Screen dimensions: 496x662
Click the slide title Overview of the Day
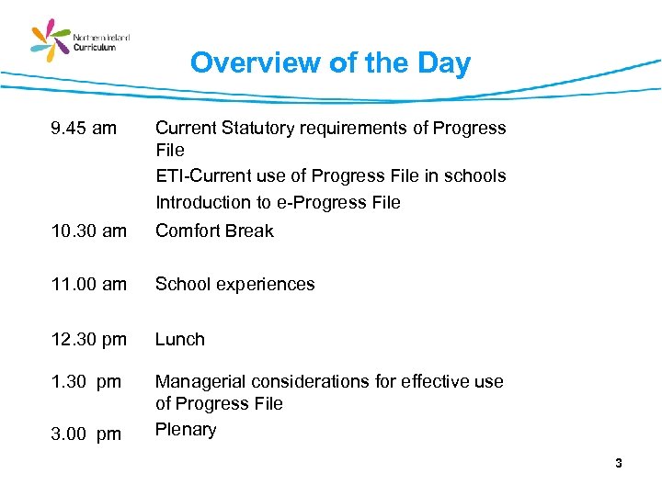330,62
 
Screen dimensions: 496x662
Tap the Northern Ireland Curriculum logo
81,40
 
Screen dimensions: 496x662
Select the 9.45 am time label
84,128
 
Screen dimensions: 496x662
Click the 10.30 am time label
89,231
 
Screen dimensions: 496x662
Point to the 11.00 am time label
89,285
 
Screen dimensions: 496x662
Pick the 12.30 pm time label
89,339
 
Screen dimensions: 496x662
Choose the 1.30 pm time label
86,381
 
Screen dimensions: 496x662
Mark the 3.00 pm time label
86,434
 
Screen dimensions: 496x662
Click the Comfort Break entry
214,231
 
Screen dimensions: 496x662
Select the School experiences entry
234,285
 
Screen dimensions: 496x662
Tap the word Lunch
180,339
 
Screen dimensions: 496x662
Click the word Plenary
186,430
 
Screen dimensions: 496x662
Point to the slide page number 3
619,464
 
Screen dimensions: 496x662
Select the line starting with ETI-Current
330,175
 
